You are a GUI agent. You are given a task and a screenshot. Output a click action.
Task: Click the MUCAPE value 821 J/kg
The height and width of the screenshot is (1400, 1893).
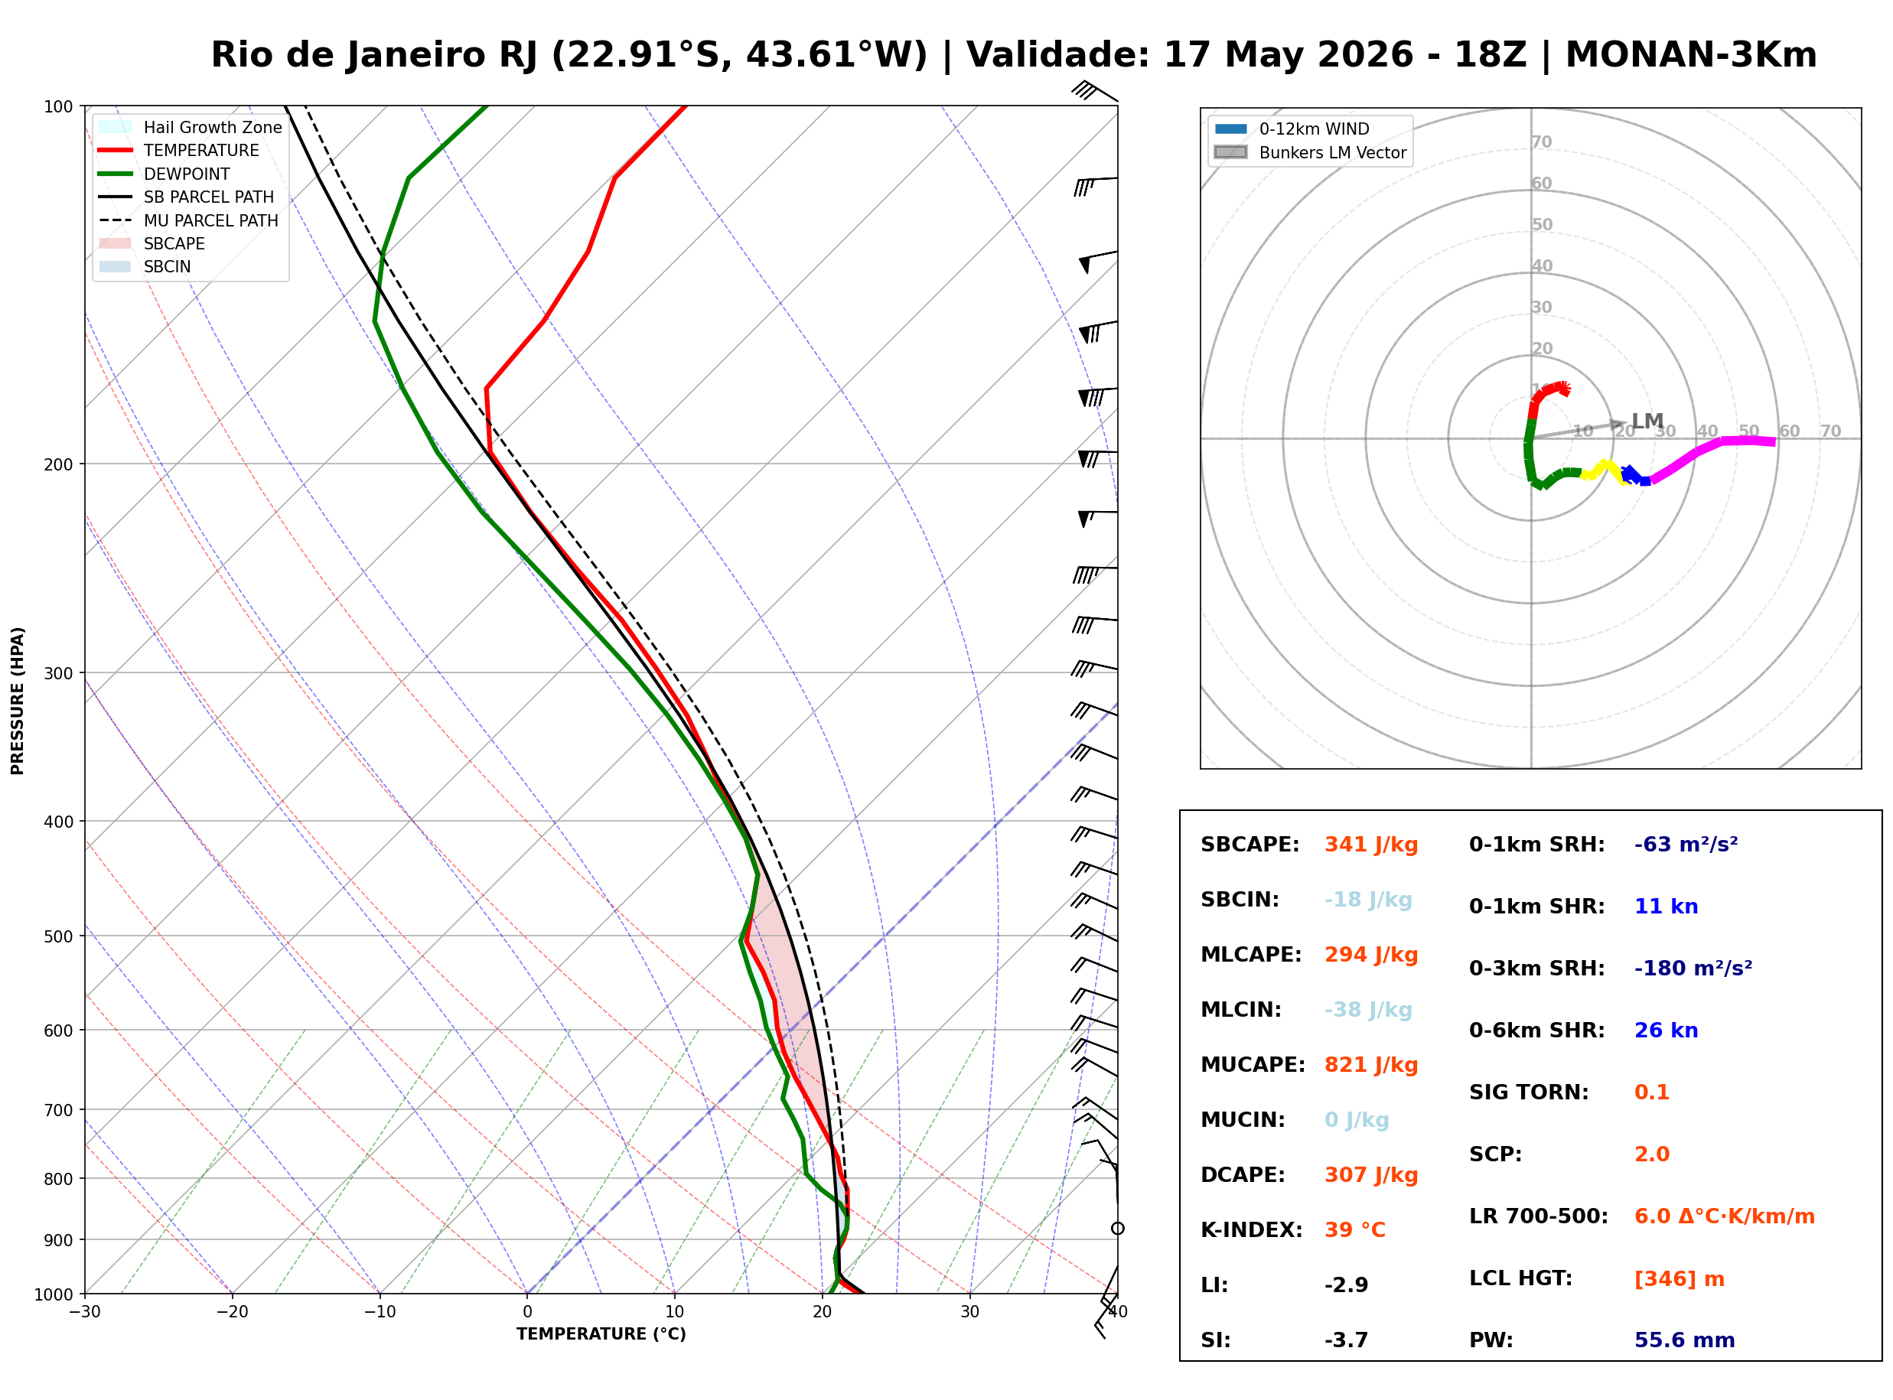1371,1065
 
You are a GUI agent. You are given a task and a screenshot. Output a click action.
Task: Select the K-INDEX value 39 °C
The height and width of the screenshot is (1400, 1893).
1355,1230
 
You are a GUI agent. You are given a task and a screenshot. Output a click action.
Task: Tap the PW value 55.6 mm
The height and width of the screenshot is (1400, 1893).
1685,1340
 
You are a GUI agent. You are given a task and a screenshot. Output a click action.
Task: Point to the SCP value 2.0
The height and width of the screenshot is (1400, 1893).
1651,1155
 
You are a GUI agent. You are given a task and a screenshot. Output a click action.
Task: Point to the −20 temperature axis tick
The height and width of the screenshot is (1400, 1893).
231,1312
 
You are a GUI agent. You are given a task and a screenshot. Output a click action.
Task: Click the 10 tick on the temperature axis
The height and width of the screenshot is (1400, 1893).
675,1312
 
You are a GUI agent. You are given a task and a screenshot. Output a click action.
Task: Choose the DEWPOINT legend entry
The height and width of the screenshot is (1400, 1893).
187,174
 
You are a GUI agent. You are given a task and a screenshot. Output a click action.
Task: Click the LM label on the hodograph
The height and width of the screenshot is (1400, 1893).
1647,422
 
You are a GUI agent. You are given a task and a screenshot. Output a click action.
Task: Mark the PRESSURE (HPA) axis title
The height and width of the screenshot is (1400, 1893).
18,701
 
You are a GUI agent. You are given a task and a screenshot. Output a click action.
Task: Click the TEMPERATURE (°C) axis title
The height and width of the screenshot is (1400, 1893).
601,1334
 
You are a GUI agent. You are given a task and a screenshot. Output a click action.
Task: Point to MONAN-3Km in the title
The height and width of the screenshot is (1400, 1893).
1691,55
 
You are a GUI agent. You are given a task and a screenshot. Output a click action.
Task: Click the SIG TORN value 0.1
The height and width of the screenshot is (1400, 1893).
1651,1093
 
